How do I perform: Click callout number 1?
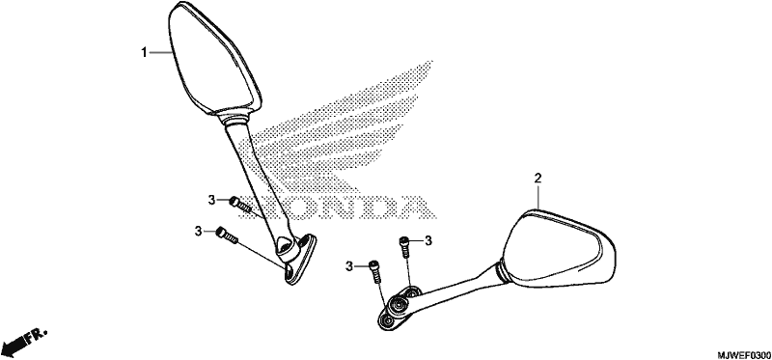pos(144,52)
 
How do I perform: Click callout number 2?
pos(538,179)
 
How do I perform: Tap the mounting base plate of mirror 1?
pos(298,260)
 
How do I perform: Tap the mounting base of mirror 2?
pos(398,308)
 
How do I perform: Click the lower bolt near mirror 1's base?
pos(227,235)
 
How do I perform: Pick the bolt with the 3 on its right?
pos(404,246)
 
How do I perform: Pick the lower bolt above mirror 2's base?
pos(375,271)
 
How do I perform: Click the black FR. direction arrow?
pos(23,341)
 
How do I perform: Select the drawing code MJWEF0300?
pos(743,354)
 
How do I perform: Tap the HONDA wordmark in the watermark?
pos(340,207)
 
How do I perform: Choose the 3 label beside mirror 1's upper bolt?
pos(211,200)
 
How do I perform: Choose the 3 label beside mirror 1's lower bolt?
pos(198,231)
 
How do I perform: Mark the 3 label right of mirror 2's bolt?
pos(428,240)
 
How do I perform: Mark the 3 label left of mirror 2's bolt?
pos(349,267)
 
